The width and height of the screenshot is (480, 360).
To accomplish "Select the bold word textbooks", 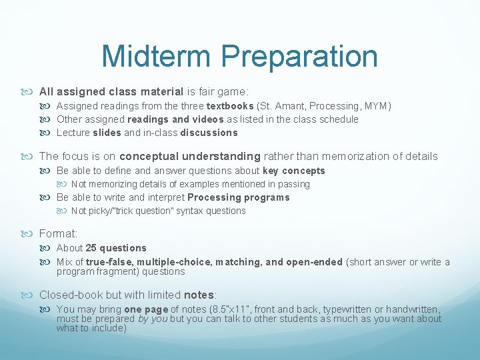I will (x=230, y=106).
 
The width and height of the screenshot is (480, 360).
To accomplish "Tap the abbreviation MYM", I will (x=375, y=106).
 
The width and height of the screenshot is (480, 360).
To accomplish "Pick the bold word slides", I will (x=107, y=133).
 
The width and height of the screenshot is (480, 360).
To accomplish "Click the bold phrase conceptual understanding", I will (x=190, y=156).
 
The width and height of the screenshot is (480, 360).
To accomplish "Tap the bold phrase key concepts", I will (x=294, y=171).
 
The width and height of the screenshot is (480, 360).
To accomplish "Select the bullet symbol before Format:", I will (x=31, y=234).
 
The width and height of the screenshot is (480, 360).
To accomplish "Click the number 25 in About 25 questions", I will (x=92, y=248).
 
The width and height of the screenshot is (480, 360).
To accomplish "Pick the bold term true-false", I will (x=111, y=262).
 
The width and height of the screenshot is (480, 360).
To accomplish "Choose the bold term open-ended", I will (x=313, y=262).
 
